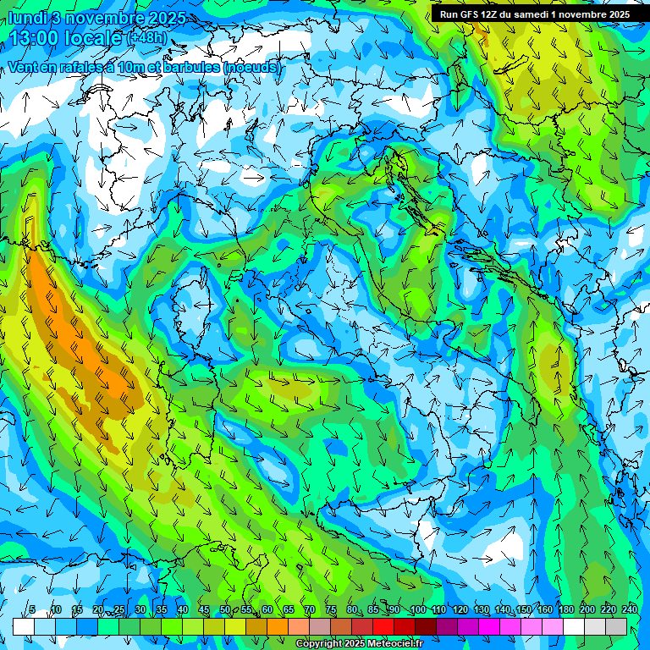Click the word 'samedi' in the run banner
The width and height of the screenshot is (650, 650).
click(x=547, y=14)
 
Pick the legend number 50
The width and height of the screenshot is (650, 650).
click(x=225, y=609)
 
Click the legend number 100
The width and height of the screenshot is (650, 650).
click(x=417, y=609)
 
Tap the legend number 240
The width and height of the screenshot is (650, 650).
click(x=629, y=609)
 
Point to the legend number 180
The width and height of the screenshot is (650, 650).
click(x=565, y=609)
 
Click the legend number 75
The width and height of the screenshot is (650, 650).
click(x=331, y=609)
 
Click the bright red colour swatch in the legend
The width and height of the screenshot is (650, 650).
click(x=383, y=625)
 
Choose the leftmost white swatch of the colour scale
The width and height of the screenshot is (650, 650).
click(x=24, y=625)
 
